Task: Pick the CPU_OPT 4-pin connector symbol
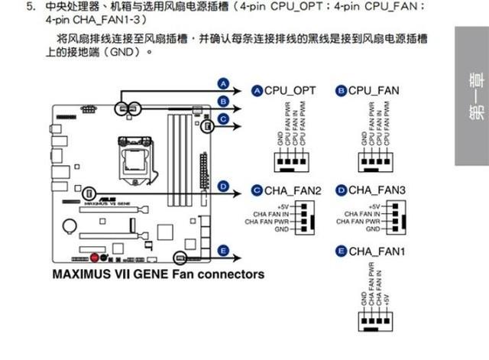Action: [291, 161]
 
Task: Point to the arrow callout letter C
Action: [223, 118]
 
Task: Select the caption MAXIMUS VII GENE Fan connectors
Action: [158, 274]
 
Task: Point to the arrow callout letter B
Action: [223, 100]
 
